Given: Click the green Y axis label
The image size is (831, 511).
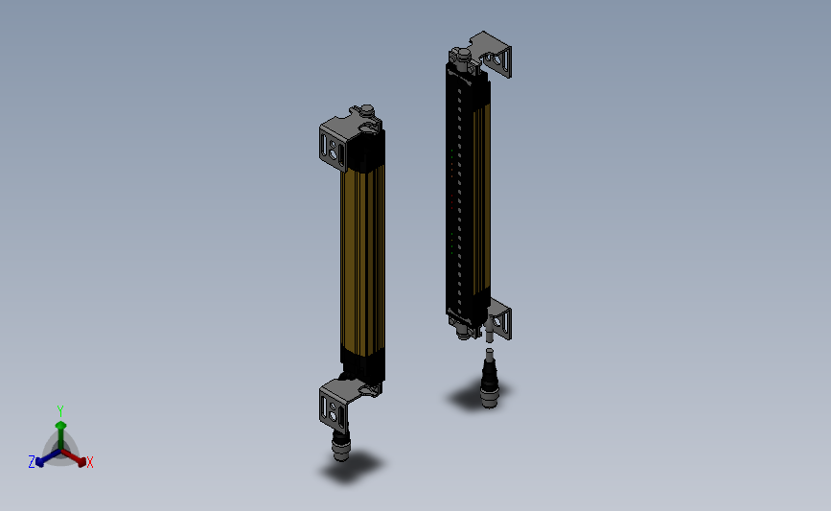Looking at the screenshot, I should (60, 410).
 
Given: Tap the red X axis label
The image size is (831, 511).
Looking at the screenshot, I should (90, 462).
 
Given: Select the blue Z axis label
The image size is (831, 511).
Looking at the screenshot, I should (32, 462).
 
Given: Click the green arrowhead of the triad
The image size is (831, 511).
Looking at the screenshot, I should (60, 425).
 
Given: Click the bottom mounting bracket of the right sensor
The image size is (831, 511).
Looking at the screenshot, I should (501, 318).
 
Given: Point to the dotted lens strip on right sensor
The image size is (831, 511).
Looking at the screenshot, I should (463, 192).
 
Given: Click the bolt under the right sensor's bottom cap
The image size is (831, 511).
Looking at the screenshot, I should (468, 331).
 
